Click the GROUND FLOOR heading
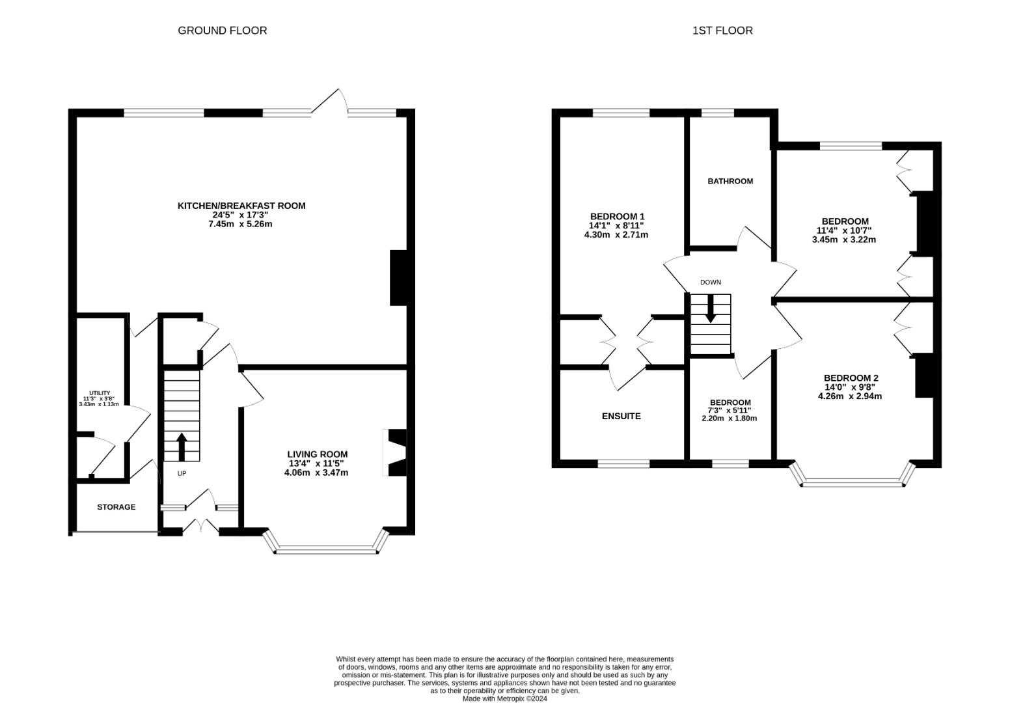[x=223, y=31]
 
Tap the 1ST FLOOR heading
[x=722, y=31]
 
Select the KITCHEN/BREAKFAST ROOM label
[x=241, y=206]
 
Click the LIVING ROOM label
[x=318, y=454]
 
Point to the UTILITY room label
[x=100, y=393]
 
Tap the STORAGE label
[x=116, y=507]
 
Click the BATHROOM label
[x=730, y=181]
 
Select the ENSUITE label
[x=621, y=416]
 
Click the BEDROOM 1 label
[x=618, y=217]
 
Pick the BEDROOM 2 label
[x=851, y=378]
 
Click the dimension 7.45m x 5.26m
[x=240, y=224]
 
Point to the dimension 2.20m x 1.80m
[x=729, y=418]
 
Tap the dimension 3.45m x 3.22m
[x=844, y=240]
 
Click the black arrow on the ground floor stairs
[x=182, y=447]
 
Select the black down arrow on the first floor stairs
[x=710, y=309]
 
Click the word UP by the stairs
[x=182, y=473]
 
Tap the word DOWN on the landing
[x=710, y=283]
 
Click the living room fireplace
[x=395, y=452]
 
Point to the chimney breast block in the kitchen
[x=398, y=278]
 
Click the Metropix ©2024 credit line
[x=504, y=698]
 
